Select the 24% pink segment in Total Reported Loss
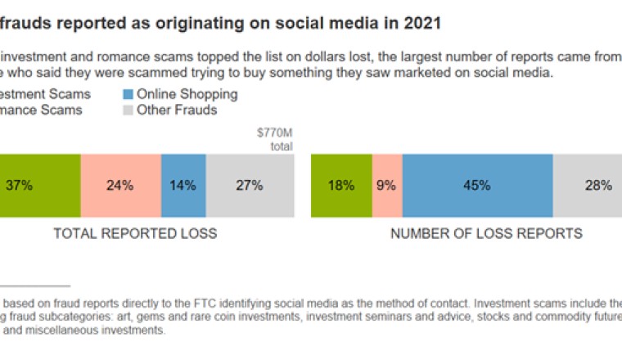(x=120, y=186)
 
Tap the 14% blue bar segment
(x=183, y=186)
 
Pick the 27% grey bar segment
(x=250, y=186)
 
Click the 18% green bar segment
(x=341, y=186)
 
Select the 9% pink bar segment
(x=387, y=186)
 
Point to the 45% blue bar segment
(x=477, y=186)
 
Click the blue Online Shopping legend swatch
(x=128, y=94)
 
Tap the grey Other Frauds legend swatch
(x=128, y=110)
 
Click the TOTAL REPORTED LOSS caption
(x=135, y=234)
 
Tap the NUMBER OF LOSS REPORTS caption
(x=486, y=234)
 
